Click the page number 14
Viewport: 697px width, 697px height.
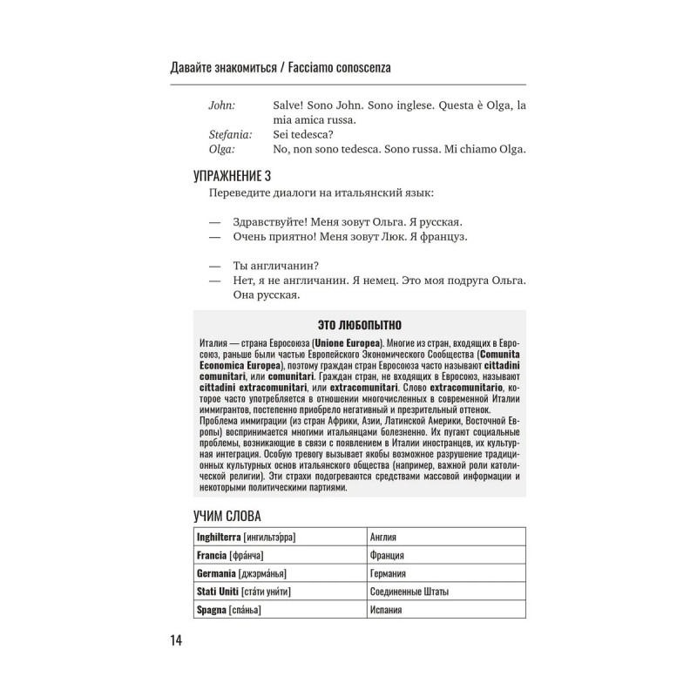tap(176, 642)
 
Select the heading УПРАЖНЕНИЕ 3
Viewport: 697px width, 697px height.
tap(232, 176)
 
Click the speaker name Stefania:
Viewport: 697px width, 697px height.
tap(231, 135)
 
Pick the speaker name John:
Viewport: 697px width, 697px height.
tap(222, 105)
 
